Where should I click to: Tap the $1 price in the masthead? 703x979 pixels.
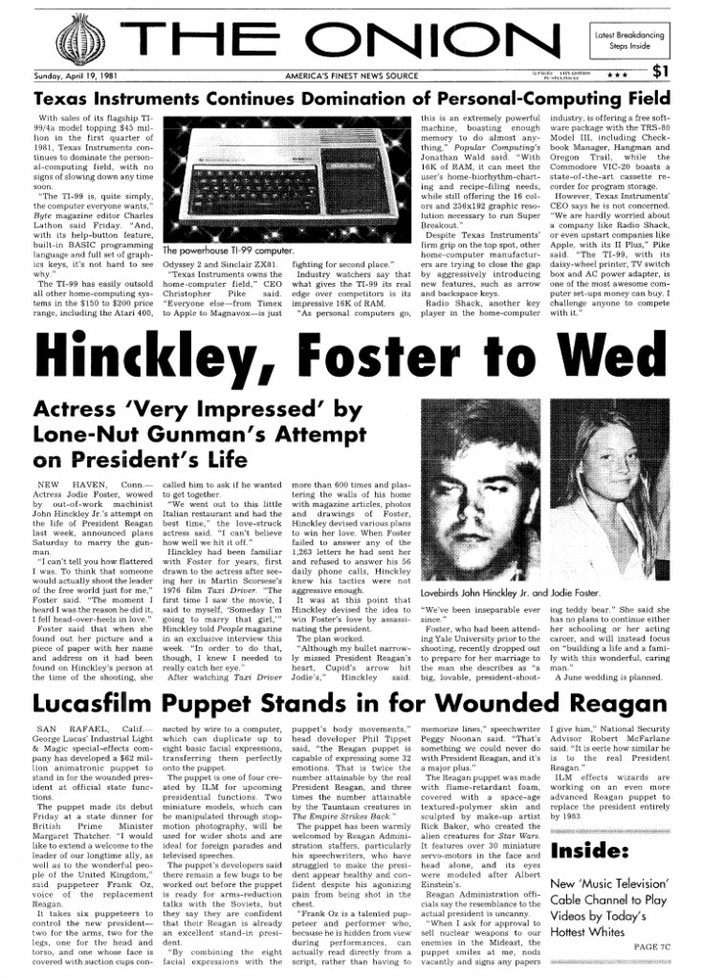click(661, 70)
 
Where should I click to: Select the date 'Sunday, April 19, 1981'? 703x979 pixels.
click(75, 75)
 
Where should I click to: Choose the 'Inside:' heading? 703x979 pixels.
click(589, 850)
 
